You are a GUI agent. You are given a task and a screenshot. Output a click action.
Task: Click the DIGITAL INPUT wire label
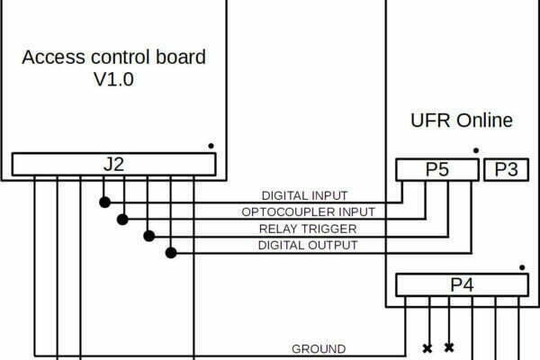pyautogui.click(x=305, y=195)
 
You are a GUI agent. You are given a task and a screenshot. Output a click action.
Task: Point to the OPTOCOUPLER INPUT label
pyautogui.click(x=308, y=211)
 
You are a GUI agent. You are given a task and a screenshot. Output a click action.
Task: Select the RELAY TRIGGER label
pyautogui.click(x=308, y=229)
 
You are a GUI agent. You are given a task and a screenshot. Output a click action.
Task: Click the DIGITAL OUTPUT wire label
pyautogui.click(x=308, y=246)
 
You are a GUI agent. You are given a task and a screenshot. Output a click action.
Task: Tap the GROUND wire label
pyautogui.click(x=319, y=349)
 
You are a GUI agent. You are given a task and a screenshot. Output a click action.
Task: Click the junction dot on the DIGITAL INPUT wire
pyautogui.click(x=104, y=202)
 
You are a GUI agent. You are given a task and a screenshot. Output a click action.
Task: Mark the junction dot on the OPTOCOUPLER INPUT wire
pyautogui.click(x=122, y=219)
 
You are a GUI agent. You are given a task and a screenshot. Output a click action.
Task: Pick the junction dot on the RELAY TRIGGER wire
pyautogui.click(x=149, y=236)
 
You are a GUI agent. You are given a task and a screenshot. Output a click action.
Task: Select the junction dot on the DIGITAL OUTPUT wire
pyautogui.click(x=171, y=253)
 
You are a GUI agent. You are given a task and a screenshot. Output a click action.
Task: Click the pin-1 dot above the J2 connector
pyautogui.click(x=211, y=146)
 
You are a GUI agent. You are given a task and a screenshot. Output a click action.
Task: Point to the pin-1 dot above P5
pyautogui.click(x=476, y=150)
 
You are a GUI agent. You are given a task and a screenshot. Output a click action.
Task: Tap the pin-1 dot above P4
pyautogui.click(x=522, y=267)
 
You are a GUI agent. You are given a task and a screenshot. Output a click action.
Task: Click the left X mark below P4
pyautogui.click(x=427, y=348)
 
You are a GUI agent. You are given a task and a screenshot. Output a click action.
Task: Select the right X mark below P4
pyautogui.click(x=449, y=347)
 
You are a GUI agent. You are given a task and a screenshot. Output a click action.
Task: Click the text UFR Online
pyautogui.click(x=462, y=121)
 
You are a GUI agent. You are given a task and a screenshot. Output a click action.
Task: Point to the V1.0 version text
pyautogui.click(x=113, y=79)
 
